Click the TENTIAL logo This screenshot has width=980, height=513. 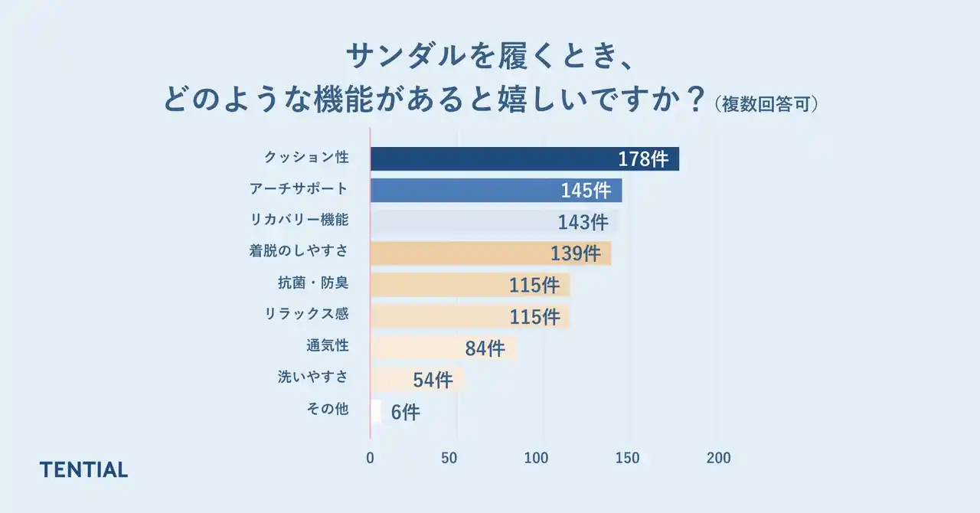(83, 470)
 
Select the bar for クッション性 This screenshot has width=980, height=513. (490, 158)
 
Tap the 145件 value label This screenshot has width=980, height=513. (586, 191)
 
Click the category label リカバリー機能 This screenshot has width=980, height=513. (299, 220)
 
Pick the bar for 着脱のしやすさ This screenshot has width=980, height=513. (459, 253)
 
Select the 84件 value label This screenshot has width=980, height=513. (485, 348)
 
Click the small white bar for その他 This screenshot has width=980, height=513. (375, 411)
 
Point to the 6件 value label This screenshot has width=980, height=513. (405, 412)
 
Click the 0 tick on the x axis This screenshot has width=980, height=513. (371, 458)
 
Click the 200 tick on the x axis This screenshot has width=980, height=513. (718, 458)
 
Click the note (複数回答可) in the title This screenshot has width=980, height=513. (767, 104)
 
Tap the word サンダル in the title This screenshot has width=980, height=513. (395, 56)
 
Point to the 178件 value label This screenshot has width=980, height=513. (643, 159)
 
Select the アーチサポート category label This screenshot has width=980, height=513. (299, 188)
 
